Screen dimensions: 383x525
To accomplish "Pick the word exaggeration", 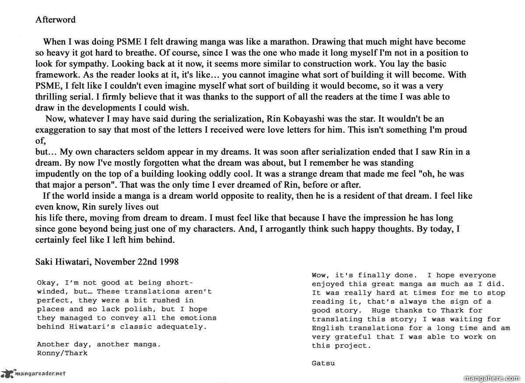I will pos(59,130).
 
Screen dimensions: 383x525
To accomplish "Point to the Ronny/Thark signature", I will pos(62,353).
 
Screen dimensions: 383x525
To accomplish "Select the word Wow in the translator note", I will pos(319,275).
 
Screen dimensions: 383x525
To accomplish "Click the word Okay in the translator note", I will pos(46,283).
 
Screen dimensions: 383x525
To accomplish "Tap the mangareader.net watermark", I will pos(34,373).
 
